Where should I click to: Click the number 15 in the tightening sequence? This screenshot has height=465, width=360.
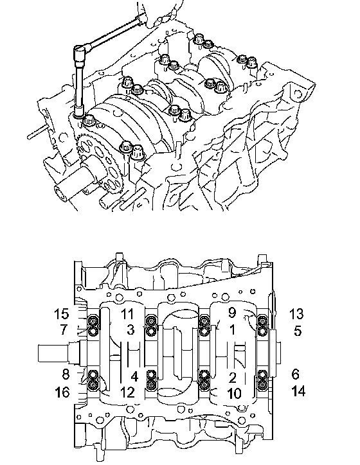(62, 314)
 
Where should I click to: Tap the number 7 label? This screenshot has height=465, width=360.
(64, 329)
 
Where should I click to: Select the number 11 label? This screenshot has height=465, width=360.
(127, 314)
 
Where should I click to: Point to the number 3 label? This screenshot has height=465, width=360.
(130, 329)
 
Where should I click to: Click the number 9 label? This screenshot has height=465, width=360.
(232, 312)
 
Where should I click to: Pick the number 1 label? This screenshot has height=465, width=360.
(232, 329)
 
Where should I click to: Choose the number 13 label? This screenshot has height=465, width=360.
(296, 314)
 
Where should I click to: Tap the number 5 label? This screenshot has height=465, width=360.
(298, 330)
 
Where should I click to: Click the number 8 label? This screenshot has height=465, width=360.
(66, 374)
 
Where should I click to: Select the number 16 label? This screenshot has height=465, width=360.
(62, 392)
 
